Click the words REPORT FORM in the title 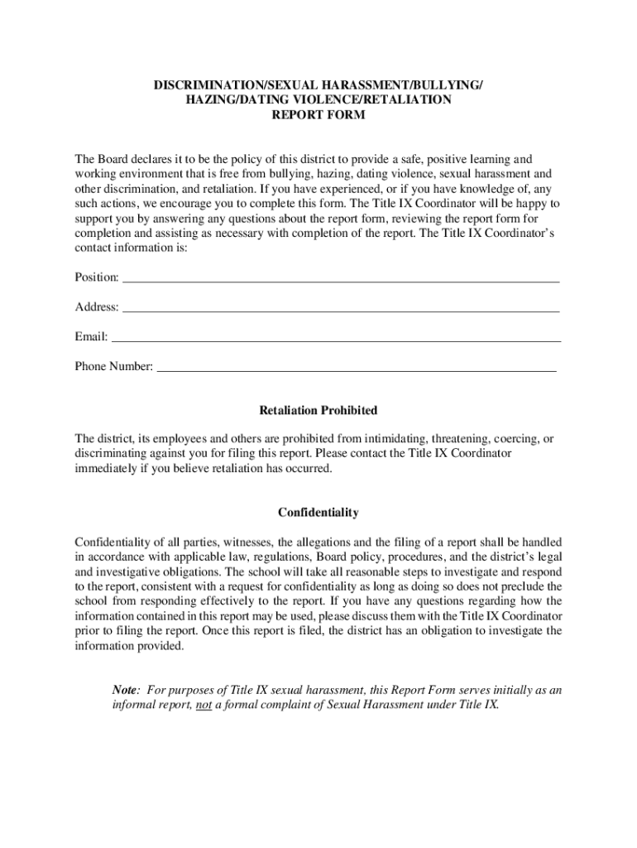click(x=318, y=115)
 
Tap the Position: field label click(x=97, y=277)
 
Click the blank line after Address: click(x=341, y=308)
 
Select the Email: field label click(x=91, y=337)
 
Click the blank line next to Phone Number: click(x=357, y=367)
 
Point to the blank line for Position click(x=341, y=278)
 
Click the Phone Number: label click(x=114, y=366)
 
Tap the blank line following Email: click(x=336, y=338)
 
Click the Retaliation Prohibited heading click(x=318, y=411)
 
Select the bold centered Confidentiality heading click(x=318, y=513)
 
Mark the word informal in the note click(x=135, y=706)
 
